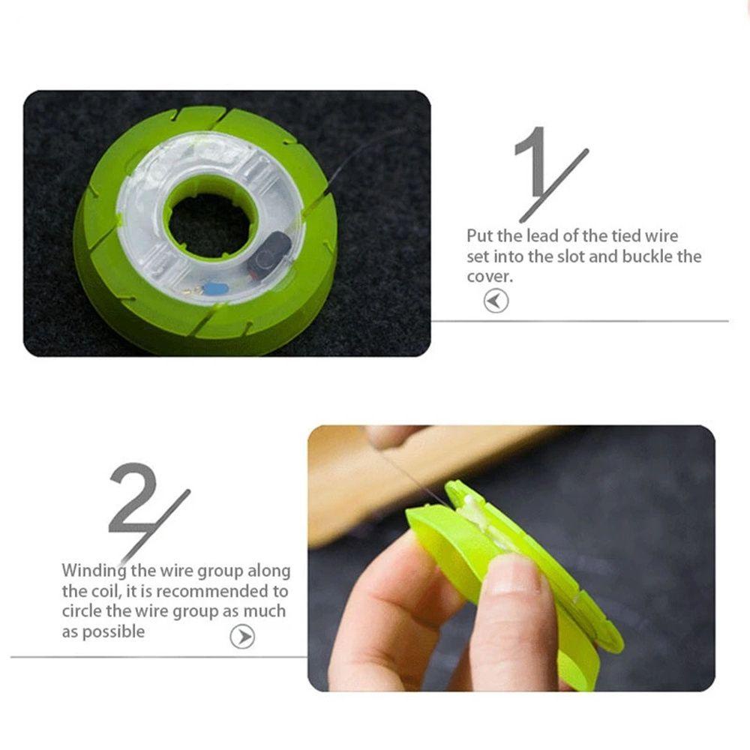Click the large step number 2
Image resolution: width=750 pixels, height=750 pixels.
[133, 496]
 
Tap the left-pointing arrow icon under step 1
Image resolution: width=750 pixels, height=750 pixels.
[496, 301]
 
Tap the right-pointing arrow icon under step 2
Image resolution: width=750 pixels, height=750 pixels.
[241, 637]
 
